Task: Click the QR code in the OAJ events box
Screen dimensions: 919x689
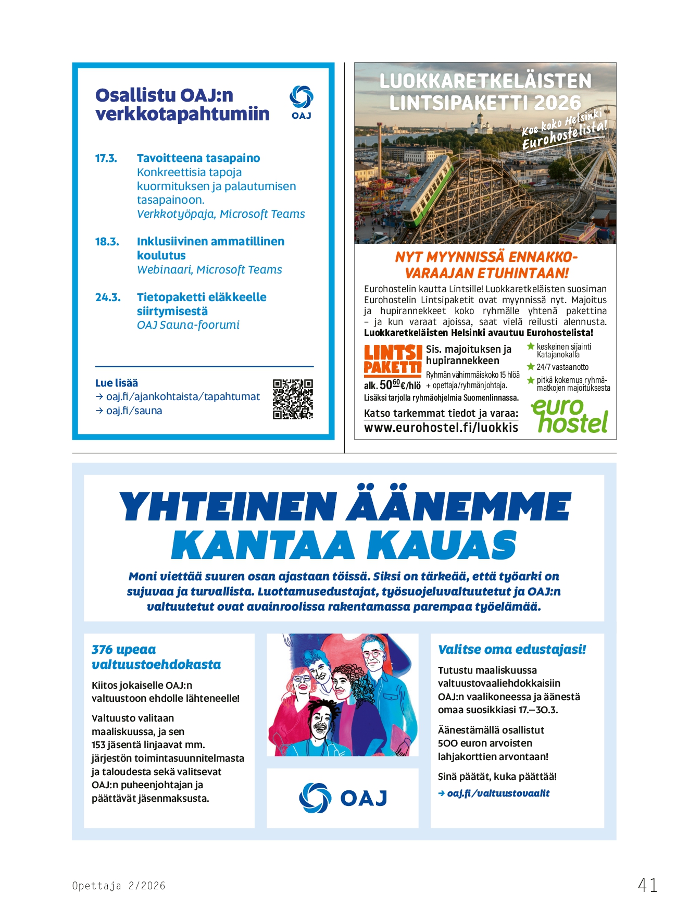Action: coord(293,399)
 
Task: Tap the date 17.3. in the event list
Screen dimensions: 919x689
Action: coord(106,158)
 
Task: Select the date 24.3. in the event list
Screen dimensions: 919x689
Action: coord(108,297)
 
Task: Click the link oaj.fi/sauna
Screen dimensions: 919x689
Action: coord(134,411)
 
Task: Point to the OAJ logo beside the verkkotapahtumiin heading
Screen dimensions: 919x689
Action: coord(301,103)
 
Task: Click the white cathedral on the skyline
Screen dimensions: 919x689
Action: coord(478,125)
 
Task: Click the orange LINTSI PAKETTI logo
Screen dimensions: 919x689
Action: coord(392,360)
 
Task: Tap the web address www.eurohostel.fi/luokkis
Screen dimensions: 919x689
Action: coord(441,428)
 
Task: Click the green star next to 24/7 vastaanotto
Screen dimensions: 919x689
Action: coord(531,367)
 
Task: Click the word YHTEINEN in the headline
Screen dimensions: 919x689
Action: coord(228,507)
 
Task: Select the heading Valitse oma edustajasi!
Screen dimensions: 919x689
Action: coord(512,650)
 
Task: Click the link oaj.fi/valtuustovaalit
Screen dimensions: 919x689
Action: coord(498,793)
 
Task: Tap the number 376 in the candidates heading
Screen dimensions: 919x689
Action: coord(102,650)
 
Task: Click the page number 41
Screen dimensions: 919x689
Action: coord(647,885)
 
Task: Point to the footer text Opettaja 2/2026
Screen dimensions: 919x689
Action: coord(119,886)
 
